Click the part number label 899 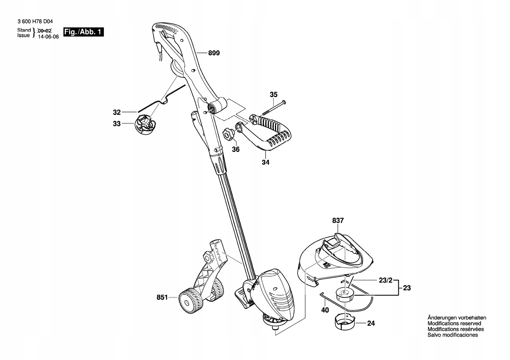coord(214,53)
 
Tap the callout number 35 coord(273,94)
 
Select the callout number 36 coord(236,149)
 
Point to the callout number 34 coord(266,162)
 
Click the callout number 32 coord(117,112)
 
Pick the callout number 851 coord(162,297)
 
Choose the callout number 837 coord(338,221)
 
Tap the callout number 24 coord(371,324)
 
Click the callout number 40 coord(325,310)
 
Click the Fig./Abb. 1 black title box coord(83,32)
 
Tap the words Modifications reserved coord(454,324)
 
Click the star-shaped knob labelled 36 coord(228,135)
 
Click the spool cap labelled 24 coord(344,321)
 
